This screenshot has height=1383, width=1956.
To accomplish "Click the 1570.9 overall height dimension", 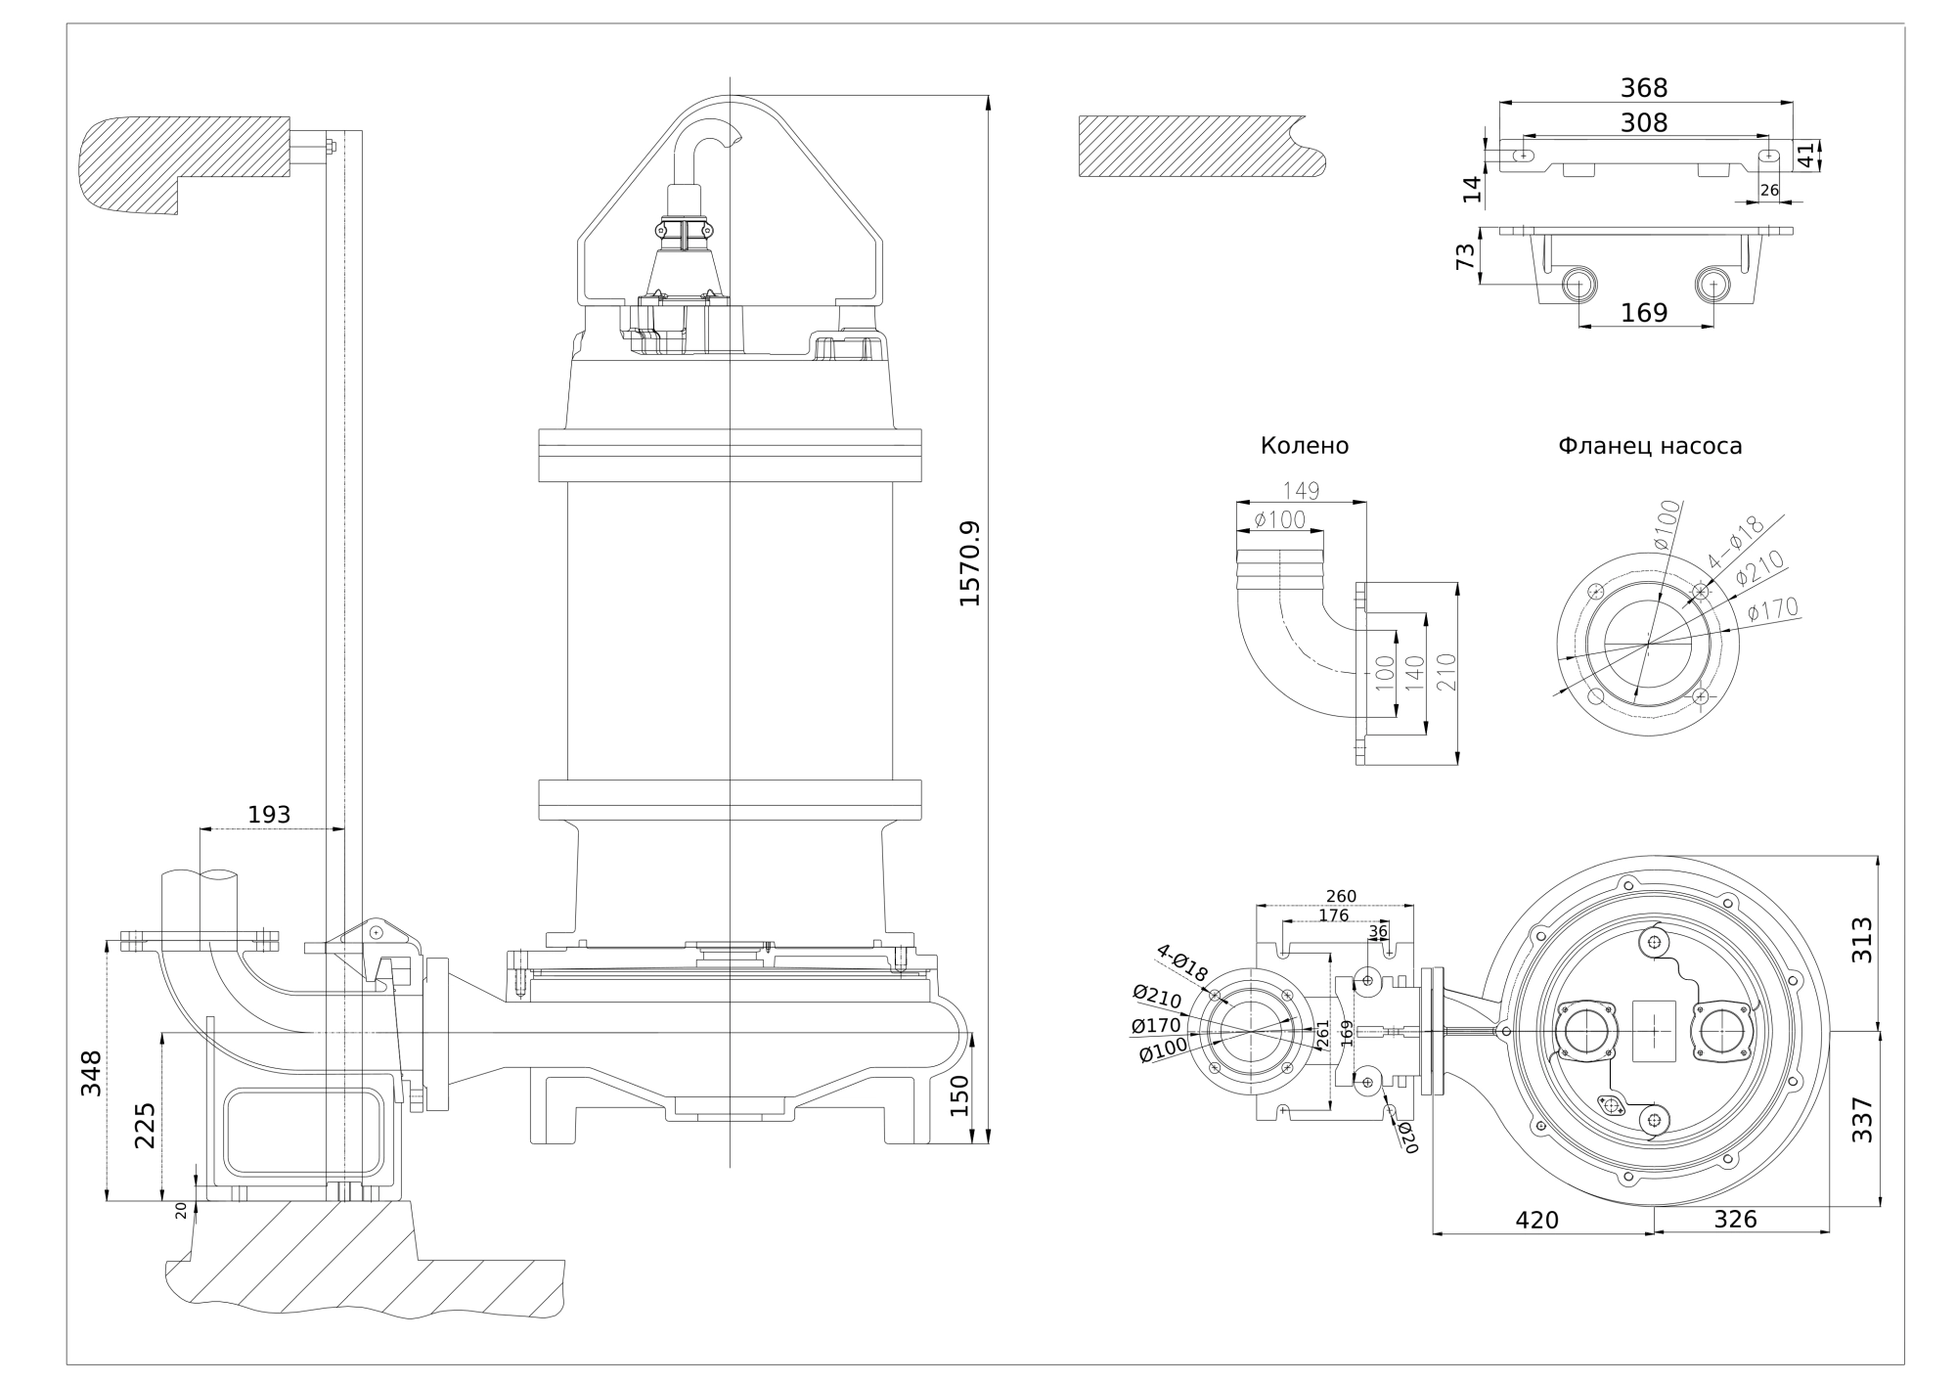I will click(x=969, y=563).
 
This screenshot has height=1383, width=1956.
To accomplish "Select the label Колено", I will click(x=1304, y=446).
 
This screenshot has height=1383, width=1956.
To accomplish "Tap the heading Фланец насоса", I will click(x=1650, y=446).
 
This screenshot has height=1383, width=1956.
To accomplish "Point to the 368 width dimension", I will click(x=1644, y=88).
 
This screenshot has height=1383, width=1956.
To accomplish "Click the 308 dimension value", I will click(x=1644, y=123).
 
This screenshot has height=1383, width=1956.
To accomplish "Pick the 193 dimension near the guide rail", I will click(x=269, y=815).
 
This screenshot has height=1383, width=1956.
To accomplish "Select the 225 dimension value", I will click(x=145, y=1126).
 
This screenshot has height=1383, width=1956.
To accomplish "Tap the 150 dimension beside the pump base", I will click(x=958, y=1095).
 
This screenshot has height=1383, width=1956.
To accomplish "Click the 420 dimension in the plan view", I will click(x=1536, y=1221).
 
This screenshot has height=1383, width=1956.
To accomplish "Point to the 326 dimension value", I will click(x=1736, y=1220).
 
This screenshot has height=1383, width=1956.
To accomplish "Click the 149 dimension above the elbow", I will click(x=1300, y=491).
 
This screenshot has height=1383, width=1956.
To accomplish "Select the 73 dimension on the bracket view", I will click(x=1465, y=257).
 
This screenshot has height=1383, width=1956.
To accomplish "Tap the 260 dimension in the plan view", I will click(x=1341, y=896).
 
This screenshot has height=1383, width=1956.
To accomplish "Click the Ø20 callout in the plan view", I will click(x=1406, y=1138).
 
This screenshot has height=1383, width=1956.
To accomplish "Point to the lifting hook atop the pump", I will click(x=710, y=137).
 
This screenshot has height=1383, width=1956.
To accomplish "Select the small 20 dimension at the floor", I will click(x=181, y=1210).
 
